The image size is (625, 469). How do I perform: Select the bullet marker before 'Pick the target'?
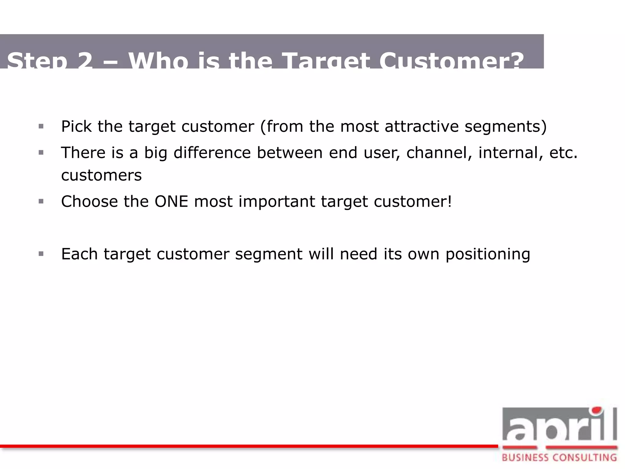click(41, 126)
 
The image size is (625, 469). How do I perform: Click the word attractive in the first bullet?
click(421, 126)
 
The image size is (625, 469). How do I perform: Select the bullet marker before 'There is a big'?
click(41, 152)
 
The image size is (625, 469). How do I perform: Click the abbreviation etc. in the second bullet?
click(563, 152)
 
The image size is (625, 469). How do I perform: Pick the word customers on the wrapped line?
click(101, 175)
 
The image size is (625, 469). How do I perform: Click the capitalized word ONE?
click(171, 202)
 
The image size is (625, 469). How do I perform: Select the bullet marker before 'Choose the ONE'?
click(41, 201)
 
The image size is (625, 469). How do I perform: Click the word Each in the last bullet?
click(79, 254)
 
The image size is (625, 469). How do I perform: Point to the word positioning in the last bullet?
click(488, 254)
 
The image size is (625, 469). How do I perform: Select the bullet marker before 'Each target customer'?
click(41, 254)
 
